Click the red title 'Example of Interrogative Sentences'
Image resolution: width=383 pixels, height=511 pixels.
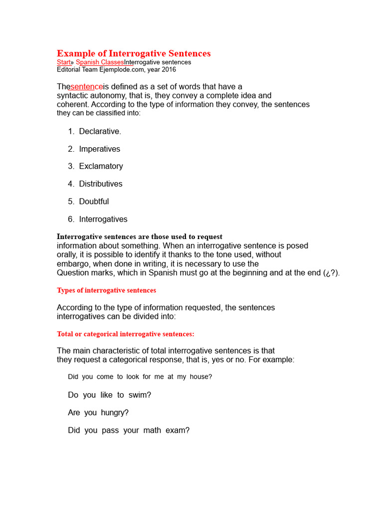tap(134, 53)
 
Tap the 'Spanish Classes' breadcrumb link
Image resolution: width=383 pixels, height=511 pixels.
tap(100, 62)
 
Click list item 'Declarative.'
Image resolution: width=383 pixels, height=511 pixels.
tap(100, 131)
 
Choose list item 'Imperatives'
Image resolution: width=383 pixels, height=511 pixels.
tap(99, 149)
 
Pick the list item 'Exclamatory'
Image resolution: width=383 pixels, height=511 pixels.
tap(101, 166)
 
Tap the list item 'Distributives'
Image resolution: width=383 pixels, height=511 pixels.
tap(100, 184)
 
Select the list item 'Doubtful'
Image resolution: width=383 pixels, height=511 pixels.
tap(94, 202)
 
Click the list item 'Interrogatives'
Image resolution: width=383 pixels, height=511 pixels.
tap(103, 219)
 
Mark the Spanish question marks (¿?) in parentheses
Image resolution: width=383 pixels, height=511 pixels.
tap(331, 273)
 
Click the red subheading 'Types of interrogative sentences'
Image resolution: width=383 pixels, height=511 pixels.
tap(106, 290)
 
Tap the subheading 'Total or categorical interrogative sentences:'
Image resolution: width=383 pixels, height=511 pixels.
tap(125, 334)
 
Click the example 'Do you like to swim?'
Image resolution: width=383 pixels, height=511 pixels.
tap(109, 395)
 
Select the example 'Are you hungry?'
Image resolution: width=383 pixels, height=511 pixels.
tap(98, 413)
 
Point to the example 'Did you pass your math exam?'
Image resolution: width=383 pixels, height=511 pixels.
tap(129, 430)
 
